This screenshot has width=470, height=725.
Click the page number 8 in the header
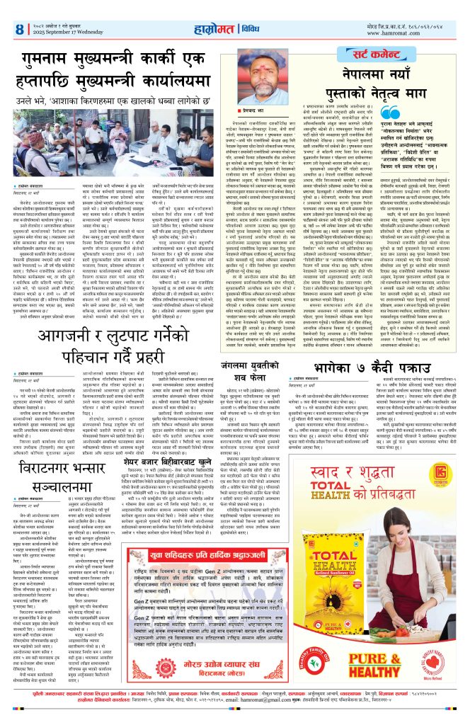pos(18,30)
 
